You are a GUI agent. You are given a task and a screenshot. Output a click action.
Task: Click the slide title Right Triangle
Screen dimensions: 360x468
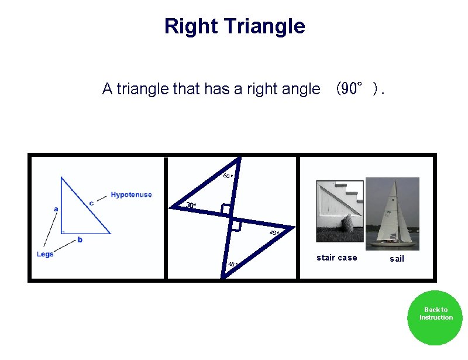(235, 26)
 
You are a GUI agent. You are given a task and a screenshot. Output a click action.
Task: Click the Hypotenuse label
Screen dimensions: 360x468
(131, 195)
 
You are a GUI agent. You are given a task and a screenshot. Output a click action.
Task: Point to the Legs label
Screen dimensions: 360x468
(45, 254)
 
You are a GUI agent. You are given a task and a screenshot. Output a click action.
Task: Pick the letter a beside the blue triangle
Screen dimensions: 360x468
(56, 208)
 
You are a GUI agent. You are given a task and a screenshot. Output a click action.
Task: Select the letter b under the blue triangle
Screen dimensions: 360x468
(80, 239)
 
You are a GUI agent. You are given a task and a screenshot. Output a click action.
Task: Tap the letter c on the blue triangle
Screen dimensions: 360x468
(91, 203)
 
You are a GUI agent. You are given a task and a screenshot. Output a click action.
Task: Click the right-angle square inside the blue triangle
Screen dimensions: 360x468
(64, 231)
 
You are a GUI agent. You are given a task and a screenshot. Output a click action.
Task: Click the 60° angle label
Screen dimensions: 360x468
(228, 176)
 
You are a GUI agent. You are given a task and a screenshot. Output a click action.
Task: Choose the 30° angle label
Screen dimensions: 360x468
(191, 205)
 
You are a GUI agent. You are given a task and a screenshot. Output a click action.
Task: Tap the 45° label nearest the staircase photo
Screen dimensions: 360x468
(274, 233)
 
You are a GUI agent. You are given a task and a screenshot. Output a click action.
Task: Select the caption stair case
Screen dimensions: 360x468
(336, 258)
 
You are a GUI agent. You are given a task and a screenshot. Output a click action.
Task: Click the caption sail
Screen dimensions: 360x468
(397, 259)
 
